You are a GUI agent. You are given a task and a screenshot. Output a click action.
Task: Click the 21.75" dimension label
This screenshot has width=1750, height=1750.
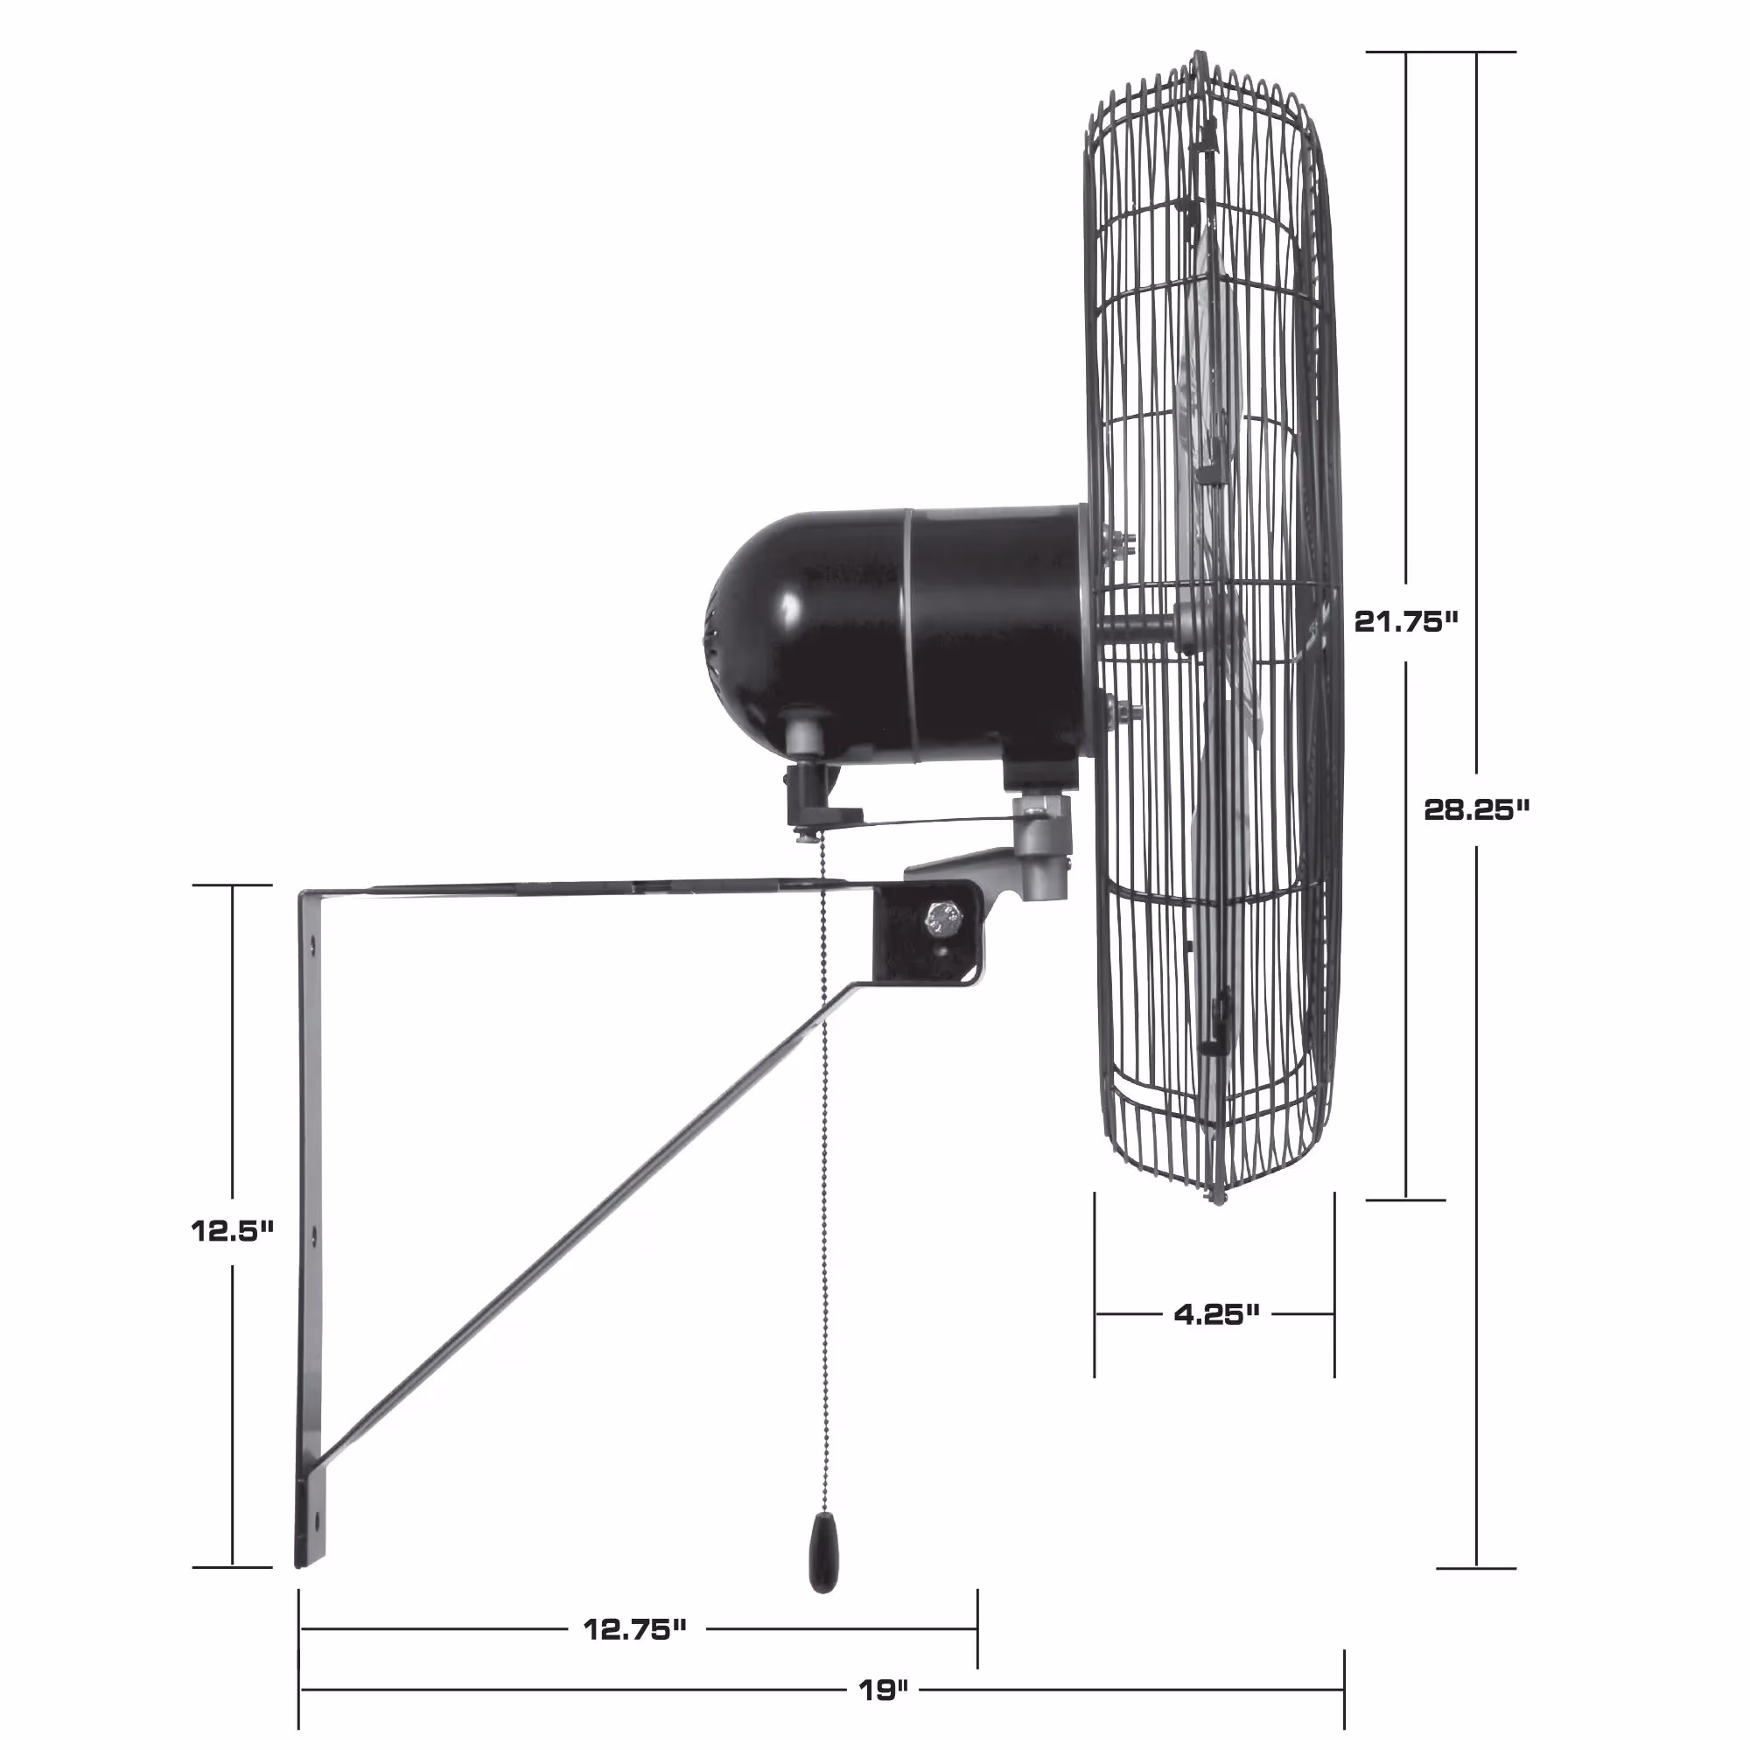point(1406,621)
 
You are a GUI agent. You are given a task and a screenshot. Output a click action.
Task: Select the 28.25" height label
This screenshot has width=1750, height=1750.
point(1475,808)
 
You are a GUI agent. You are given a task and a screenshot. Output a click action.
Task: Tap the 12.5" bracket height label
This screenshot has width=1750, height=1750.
point(232,1230)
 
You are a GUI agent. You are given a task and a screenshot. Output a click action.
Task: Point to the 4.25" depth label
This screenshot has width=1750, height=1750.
point(1216,1314)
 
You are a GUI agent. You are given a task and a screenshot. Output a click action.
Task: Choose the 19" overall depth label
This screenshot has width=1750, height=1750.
point(883,1690)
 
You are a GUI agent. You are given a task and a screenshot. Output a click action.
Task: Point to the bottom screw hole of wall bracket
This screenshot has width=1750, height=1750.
point(313,1515)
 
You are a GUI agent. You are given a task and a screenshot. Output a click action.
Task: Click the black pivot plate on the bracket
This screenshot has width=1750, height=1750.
point(924,933)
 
